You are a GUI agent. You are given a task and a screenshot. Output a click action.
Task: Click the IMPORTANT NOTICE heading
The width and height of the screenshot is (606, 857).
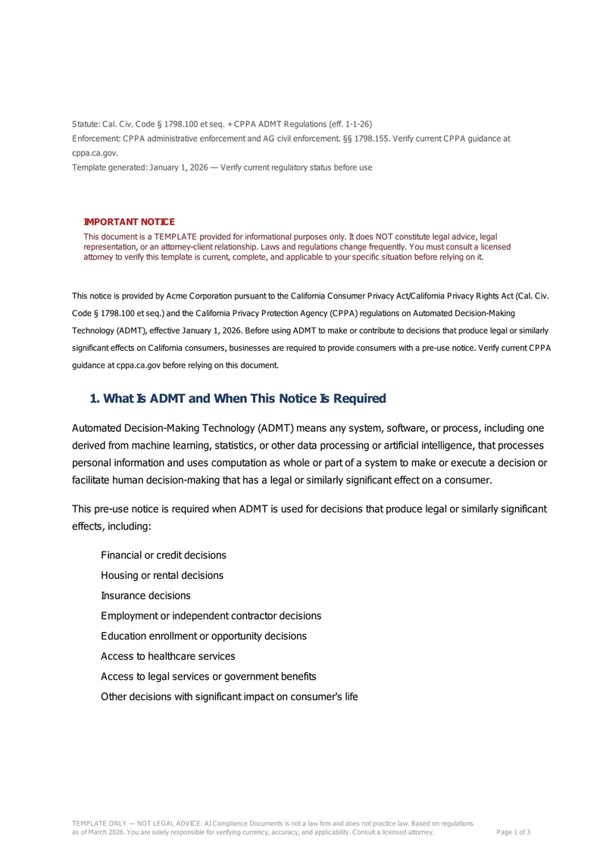point(129,222)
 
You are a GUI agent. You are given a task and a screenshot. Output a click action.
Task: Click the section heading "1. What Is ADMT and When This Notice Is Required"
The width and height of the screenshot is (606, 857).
point(238,399)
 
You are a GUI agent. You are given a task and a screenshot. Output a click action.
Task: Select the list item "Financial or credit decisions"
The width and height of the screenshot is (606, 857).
point(164,555)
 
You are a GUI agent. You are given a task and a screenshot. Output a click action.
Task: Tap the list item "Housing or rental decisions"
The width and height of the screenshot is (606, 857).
point(162,576)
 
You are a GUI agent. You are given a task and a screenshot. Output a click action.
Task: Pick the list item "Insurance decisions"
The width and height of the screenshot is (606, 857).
point(145,596)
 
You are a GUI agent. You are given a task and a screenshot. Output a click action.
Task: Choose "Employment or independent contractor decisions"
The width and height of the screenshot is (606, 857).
point(211,616)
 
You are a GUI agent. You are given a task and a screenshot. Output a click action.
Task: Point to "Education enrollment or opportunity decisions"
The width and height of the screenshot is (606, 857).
point(204,636)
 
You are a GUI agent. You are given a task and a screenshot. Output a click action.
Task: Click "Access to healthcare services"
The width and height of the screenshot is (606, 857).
point(168,656)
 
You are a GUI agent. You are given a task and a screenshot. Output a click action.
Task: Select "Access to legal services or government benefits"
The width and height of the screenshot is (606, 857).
point(208,677)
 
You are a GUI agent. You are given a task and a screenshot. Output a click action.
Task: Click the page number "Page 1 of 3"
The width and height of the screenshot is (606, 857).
point(513,832)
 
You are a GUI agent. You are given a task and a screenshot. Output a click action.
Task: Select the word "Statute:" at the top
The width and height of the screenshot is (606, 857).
point(86,124)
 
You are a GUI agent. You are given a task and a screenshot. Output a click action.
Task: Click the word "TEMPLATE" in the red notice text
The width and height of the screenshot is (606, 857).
point(175,237)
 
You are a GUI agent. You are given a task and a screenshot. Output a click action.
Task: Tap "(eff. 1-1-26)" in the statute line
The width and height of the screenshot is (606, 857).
point(347,124)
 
